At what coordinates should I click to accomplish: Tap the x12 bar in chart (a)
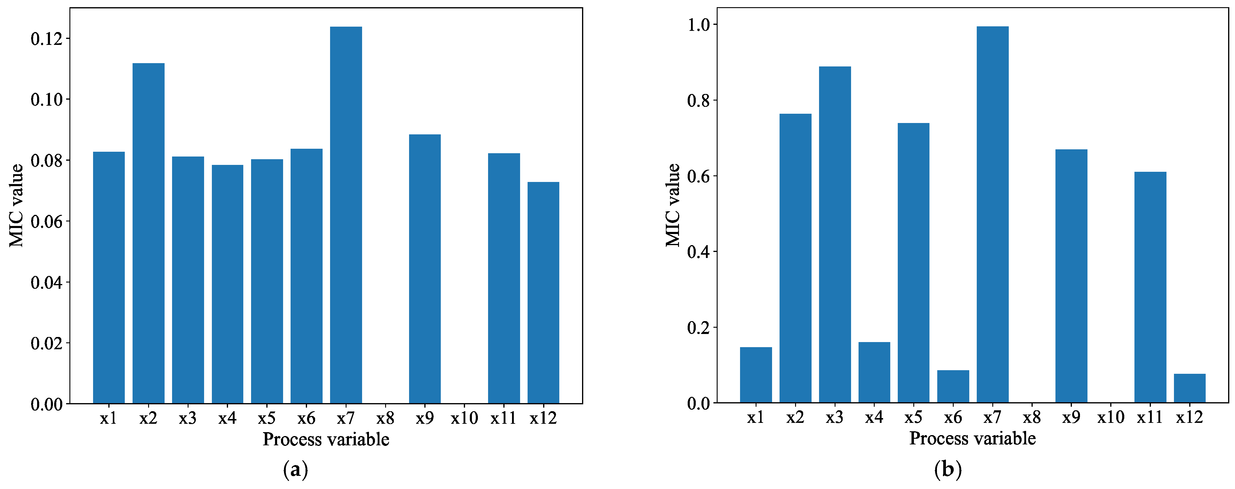pos(543,292)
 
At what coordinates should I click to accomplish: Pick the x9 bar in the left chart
pos(425,268)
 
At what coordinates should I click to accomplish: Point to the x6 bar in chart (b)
pos(953,386)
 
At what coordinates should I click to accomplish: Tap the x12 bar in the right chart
pos(1190,388)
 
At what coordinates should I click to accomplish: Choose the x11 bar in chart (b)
pos(1150,287)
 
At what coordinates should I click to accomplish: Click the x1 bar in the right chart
pos(756,375)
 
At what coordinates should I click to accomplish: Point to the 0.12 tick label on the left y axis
pos(46,39)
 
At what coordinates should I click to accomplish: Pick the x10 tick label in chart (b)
pos(1110,417)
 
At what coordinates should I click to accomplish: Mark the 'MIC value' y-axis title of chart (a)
pos(17,205)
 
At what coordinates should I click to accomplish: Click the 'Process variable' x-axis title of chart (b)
pos(972,438)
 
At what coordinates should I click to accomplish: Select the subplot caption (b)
pos(948,469)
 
